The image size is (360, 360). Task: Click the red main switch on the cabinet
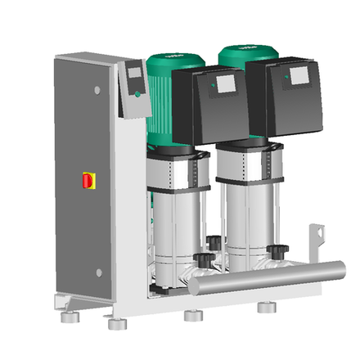click(x=88, y=180)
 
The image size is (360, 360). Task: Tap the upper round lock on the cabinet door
click(x=97, y=89)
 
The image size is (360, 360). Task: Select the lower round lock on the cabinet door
click(x=97, y=272)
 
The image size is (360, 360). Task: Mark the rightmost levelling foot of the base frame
click(x=266, y=308)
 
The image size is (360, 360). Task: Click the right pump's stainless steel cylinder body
click(x=245, y=221)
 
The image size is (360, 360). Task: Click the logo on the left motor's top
click(x=173, y=56)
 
